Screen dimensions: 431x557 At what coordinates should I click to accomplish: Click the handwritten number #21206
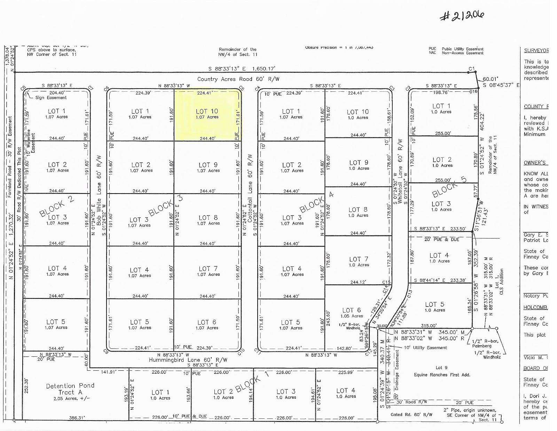[462, 16]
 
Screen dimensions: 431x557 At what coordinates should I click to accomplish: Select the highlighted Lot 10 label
[207, 112]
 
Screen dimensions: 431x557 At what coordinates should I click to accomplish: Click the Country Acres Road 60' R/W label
[238, 79]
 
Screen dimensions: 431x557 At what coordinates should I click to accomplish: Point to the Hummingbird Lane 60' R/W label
[188, 360]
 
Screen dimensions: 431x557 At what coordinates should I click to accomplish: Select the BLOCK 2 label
[56, 206]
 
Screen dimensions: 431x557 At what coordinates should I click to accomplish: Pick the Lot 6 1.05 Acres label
[352, 312]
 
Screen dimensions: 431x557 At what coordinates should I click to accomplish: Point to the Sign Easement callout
[51, 98]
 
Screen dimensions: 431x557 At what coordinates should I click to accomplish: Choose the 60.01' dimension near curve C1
[490, 79]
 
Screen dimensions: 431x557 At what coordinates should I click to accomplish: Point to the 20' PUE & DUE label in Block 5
[442, 240]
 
